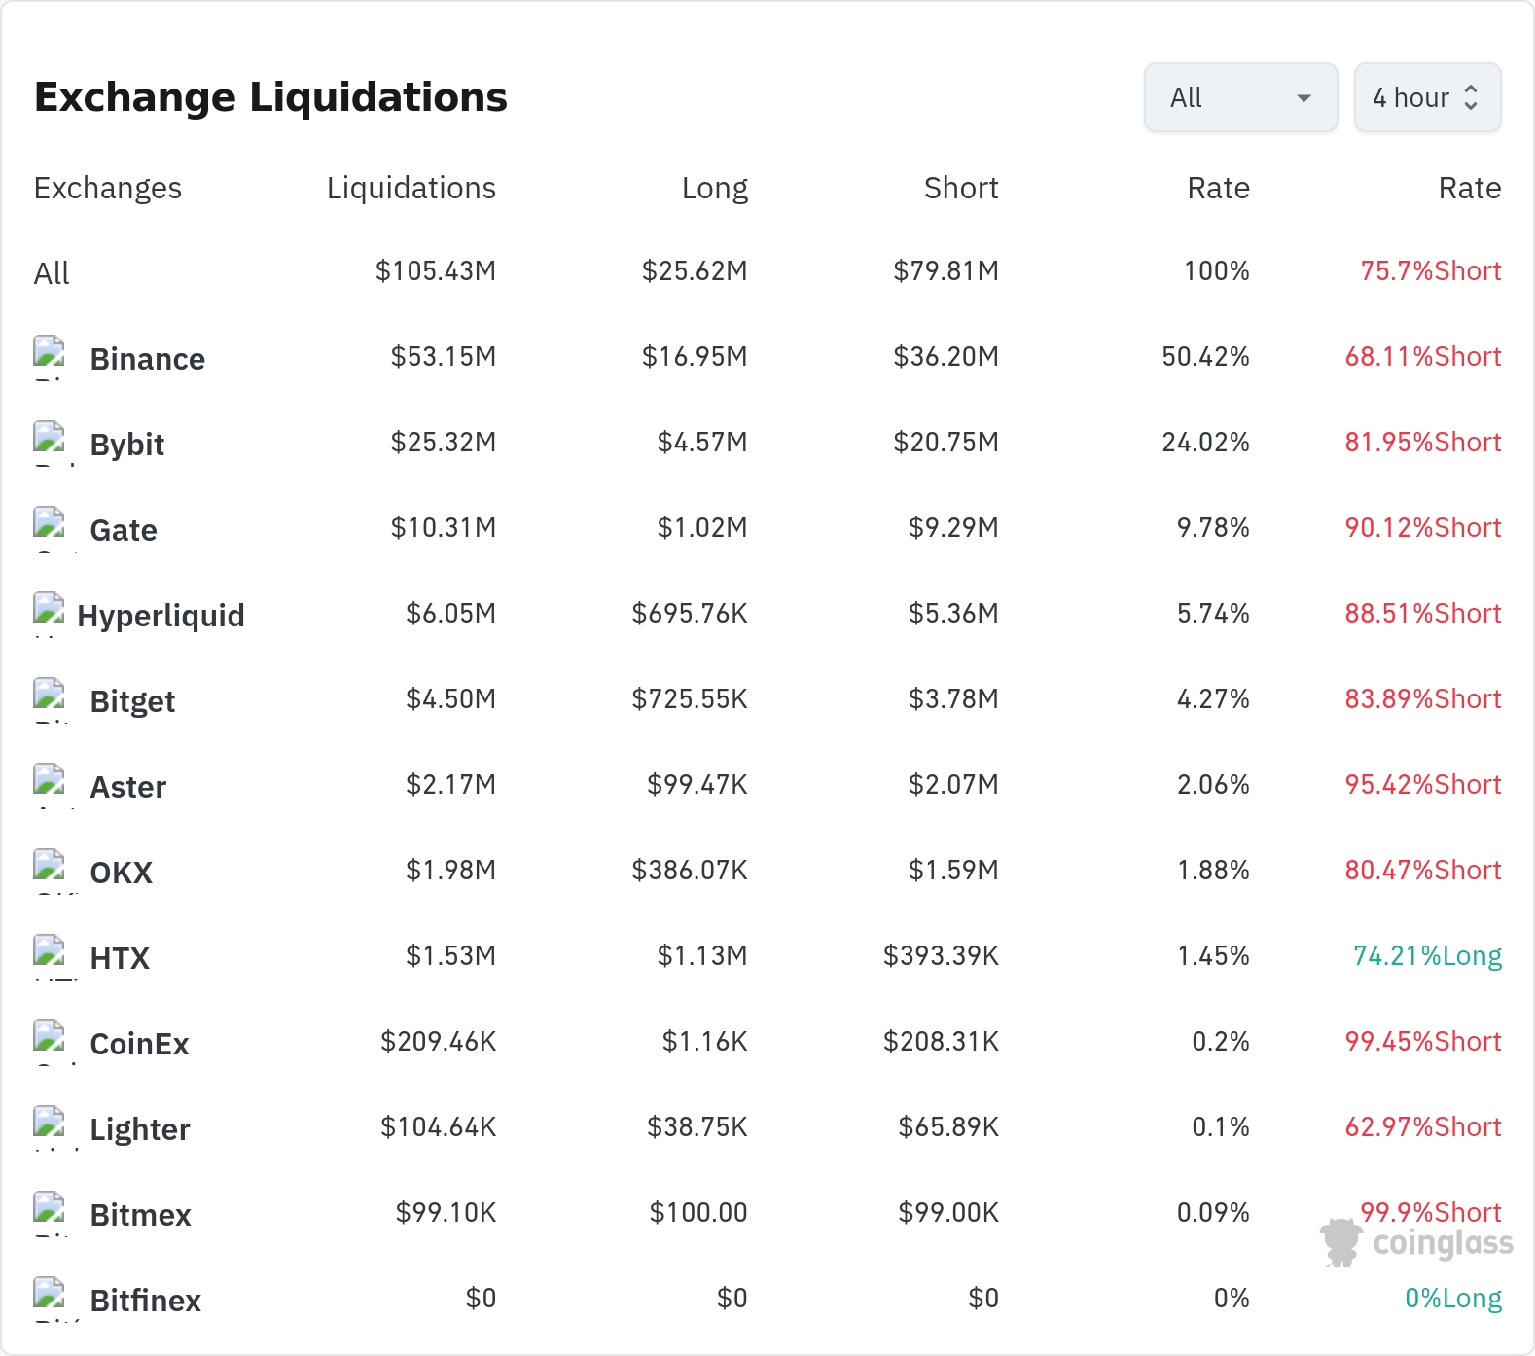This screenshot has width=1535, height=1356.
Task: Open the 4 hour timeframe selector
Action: (1427, 97)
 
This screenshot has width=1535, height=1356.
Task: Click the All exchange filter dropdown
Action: (1240, 97)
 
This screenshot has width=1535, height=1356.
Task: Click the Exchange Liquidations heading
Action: (270, 97)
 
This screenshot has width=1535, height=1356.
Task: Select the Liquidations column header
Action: (411, 188)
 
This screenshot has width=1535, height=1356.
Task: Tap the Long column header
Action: (715, 188)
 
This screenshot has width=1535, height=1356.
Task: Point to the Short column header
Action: (961, 188)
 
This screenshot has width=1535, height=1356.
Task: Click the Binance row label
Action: (147, 359)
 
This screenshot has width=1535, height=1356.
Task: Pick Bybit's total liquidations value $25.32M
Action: (444, 443)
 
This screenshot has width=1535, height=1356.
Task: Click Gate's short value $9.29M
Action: (953, 528)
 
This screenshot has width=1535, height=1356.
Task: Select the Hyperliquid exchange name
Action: (161, 616)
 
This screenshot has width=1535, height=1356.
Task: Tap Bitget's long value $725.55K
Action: (690, 699)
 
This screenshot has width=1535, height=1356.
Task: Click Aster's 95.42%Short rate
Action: (1423, 785)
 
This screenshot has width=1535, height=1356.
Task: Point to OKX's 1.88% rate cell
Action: (1213, 871)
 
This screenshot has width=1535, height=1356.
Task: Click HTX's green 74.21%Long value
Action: (1427, 956)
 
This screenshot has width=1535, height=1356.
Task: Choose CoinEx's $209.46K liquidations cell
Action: (439, 1042)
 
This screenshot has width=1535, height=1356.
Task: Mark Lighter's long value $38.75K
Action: (697, 1127)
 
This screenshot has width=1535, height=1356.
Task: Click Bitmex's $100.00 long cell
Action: (698, 1213)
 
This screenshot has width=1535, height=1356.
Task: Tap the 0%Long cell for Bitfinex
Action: (1453, 1299)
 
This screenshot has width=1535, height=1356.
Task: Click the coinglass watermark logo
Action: (1416, 1242)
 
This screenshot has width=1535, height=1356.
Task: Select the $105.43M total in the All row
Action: (436, 271)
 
